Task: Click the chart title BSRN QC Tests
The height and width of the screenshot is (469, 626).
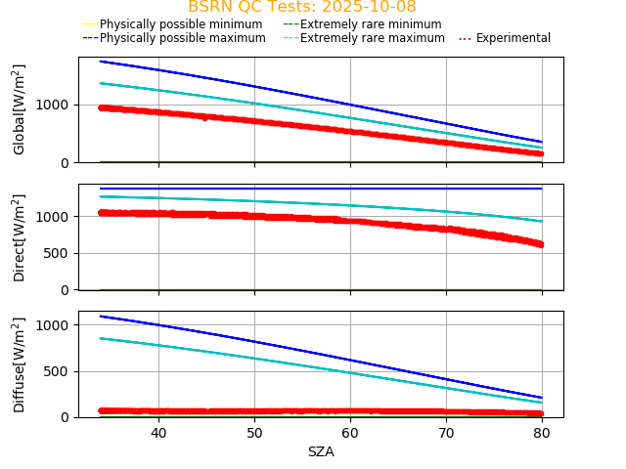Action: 301,7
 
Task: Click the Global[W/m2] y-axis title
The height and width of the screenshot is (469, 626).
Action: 20,109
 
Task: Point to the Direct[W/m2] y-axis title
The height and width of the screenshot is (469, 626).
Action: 20,237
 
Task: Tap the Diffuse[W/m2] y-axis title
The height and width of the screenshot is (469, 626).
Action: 20,364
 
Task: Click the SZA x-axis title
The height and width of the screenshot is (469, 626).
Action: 321,451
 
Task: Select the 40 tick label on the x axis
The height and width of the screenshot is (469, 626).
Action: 158,433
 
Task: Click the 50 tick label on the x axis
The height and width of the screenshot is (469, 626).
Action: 254,433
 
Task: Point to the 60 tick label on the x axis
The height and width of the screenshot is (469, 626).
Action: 350,433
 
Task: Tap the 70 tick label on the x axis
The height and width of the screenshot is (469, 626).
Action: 446,433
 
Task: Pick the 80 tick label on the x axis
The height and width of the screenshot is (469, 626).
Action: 542,433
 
